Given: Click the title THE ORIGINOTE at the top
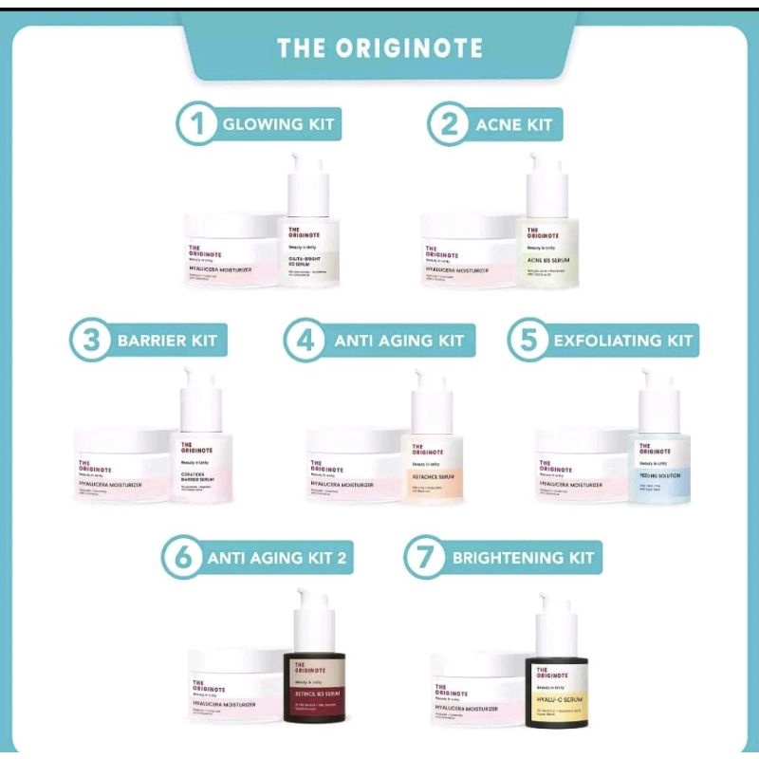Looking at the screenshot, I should click(x=379, y=48).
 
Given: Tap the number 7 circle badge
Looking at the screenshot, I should click(x=425, y=558).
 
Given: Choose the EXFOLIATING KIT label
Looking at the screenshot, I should click(x=623, y=341).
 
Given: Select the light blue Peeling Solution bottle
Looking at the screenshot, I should click(x=663, y=465).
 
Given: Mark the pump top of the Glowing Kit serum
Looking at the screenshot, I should click(x=309, y=180).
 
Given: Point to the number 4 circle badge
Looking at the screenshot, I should click(x=305, y=341).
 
